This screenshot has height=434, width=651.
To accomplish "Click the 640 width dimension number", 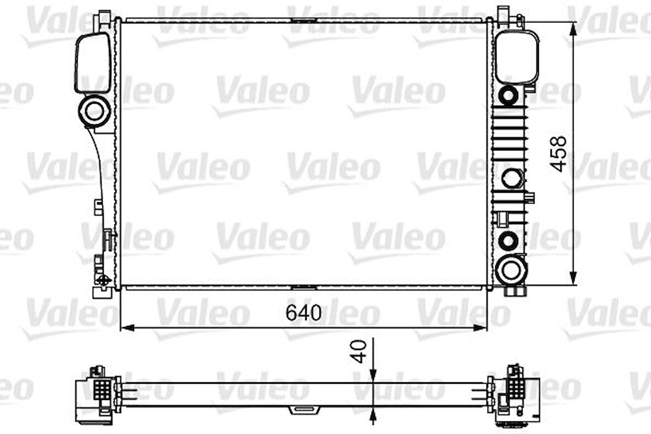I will (x=303, y=313).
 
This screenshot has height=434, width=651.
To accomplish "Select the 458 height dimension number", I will (x=559, y=154).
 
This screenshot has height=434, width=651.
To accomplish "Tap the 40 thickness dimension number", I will (x=359, y=351).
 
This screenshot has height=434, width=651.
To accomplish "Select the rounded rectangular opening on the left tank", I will (x=93, y=62).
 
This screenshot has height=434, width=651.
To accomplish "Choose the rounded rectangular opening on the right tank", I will (x=516, y=56).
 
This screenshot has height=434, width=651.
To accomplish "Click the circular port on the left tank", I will (x=94, y=111).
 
